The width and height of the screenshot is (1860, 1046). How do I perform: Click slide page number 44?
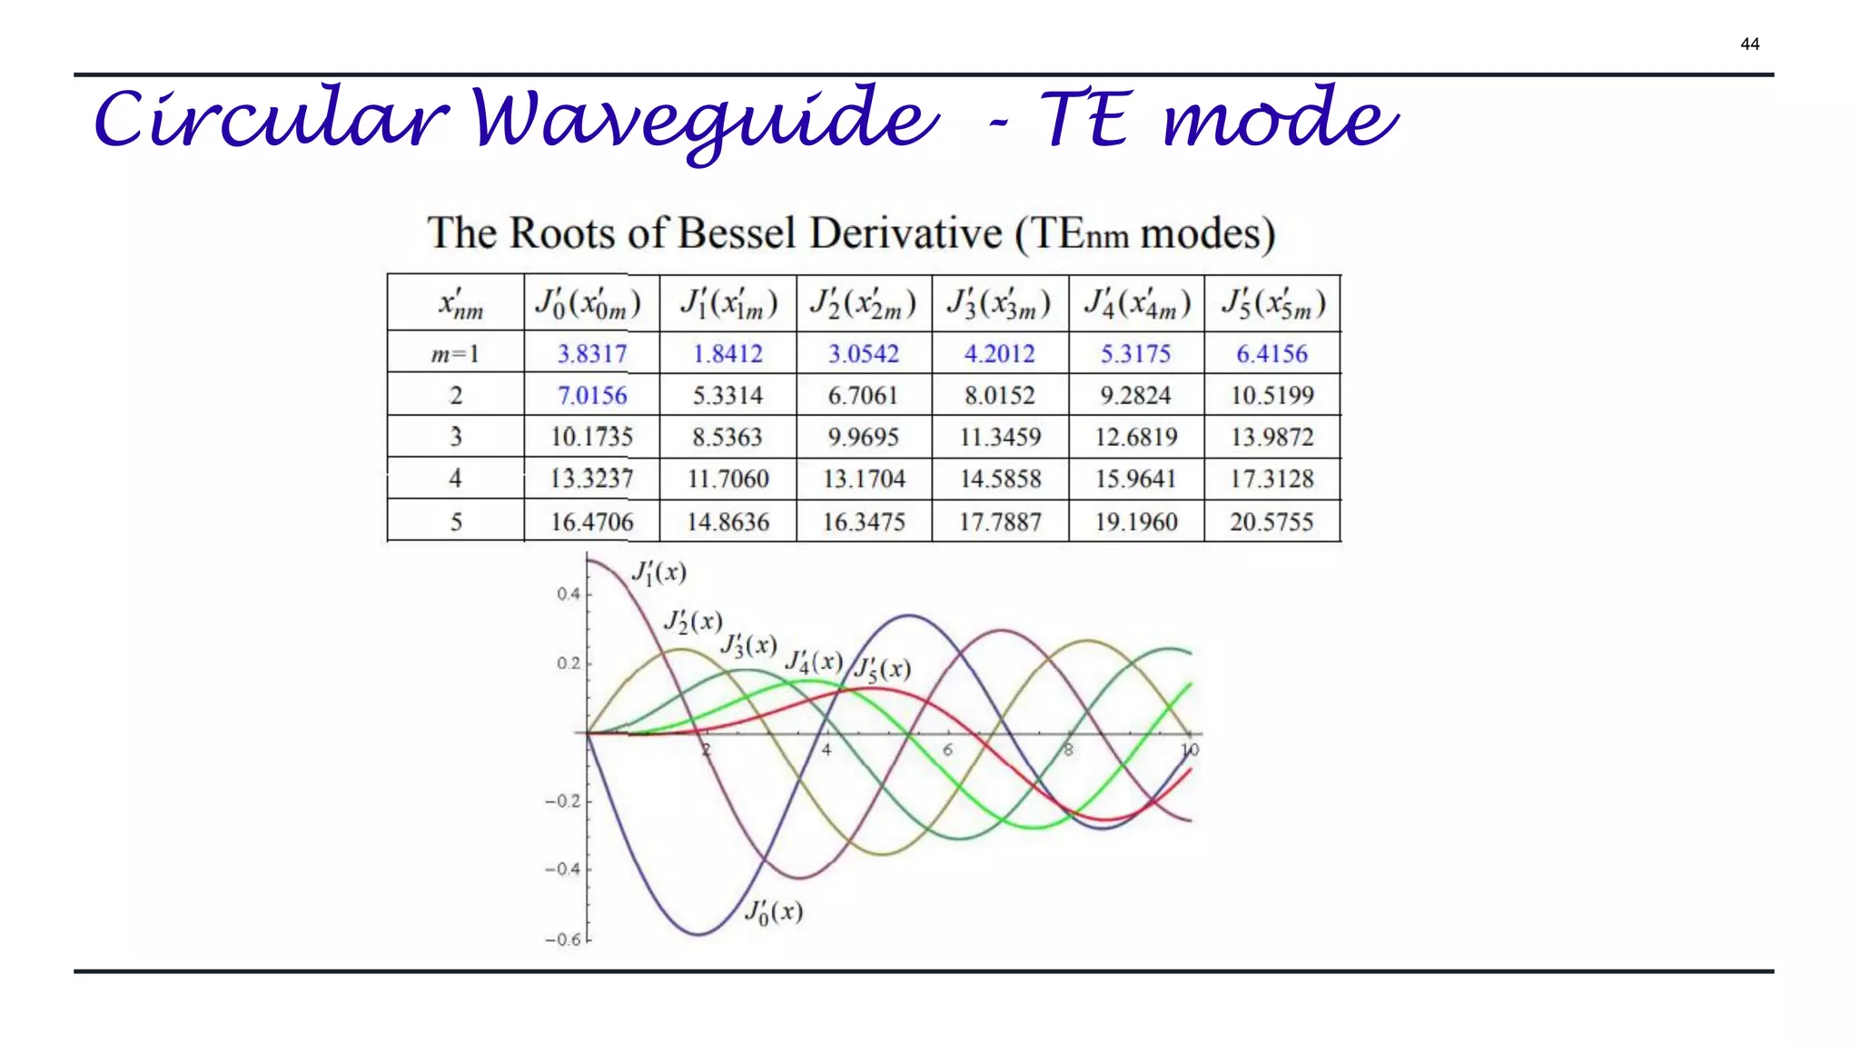click(1749, 44)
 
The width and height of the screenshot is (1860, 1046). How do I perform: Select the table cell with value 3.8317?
click(591, 353)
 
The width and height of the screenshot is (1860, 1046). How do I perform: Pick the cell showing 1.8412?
click(727, 353)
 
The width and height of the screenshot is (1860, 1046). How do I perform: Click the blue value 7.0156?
click(591, 396)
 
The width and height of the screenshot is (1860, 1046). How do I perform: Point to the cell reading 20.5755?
click(1271, 522)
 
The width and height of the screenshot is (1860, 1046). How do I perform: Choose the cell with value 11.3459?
click(1000, 438)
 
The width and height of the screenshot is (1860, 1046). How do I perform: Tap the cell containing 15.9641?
click(1135, 479)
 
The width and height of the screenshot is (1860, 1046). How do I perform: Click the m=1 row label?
click(455, 353)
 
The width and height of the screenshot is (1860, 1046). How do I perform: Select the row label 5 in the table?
click(455, 522)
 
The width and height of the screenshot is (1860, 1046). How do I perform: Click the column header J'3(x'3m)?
click(999, 304)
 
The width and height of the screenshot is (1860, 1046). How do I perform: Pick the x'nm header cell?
click(460, 304)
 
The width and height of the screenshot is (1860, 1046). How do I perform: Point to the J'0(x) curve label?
click(774, 912)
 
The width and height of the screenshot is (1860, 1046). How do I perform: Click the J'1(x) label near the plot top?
click(658, 573)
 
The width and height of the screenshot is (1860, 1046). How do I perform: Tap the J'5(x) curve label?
click(883, 670)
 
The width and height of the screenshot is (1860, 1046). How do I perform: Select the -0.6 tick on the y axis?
click(562, 940)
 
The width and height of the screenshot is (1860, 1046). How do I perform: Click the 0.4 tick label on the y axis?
click(568, 594)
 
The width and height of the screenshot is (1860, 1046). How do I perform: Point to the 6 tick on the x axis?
click(947, 750)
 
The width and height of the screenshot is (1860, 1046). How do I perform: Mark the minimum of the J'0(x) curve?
click(699, 934)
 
